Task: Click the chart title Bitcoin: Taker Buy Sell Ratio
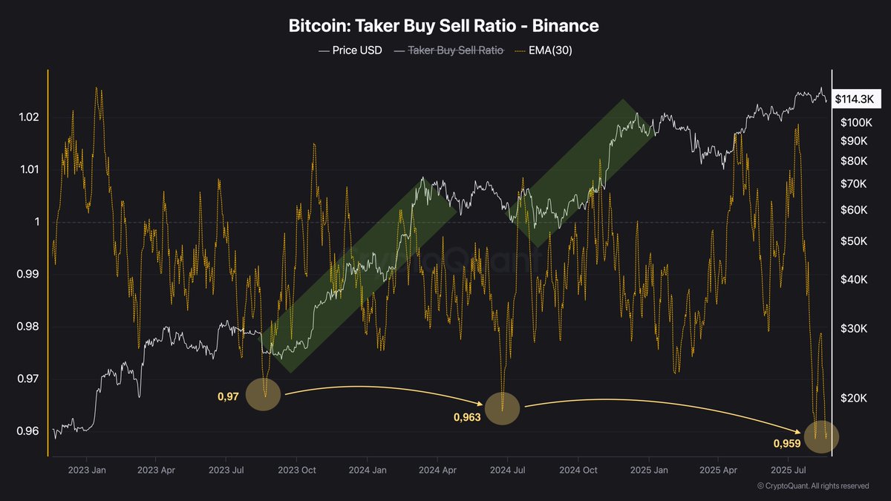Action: [443, 26]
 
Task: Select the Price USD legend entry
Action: [350, 50]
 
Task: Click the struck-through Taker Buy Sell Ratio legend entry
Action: [449, 50]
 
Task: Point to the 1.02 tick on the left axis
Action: [27, 118]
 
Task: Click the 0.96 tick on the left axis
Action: [27, 431]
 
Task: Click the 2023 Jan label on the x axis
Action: [88, 470]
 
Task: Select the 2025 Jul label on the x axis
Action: [788, 470]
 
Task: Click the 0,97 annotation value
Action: [228, 398]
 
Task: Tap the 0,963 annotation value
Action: [467, 417]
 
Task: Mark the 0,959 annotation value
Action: [787, 443]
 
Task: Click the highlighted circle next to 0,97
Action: [263, 393]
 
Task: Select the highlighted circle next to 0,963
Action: [502, 409]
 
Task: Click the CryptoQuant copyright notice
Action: [812, 485]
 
